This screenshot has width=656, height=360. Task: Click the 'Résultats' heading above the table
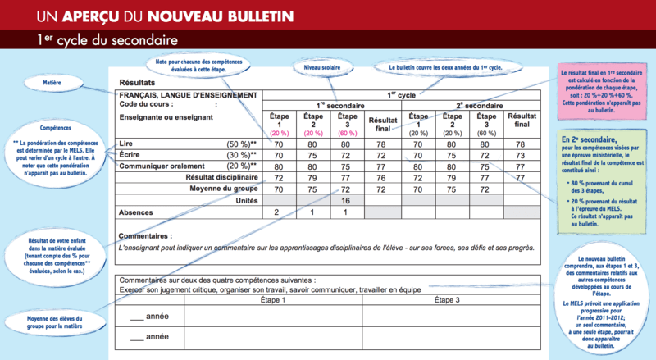click(137, 83)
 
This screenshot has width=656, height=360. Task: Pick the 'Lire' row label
click(126, 143)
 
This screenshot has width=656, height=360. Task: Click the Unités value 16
click(345, 200)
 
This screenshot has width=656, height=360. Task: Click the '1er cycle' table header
click(402, 94)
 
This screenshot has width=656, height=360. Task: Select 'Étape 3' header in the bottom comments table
click(447, 300)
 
